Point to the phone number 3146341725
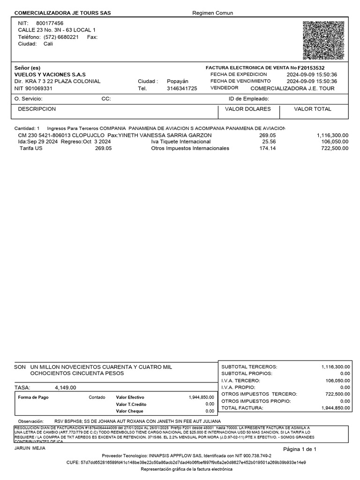pyautogui.click(x=182, y=88)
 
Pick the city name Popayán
pyautogui.click(x=177, y=81)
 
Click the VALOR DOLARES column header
pyautogui.click(x=248, y=109)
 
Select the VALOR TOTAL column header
pyautogui.click(x=312, y=109)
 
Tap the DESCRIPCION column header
pyautogui.click(x=37, y=109)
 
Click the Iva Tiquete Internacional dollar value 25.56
pyautogui.click(x=269, y=142)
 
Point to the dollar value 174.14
pyautogui.click(x=268, y=148)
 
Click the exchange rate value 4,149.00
pyautogui.click(x=65, y=388)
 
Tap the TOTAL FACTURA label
pyautogui.click(x=242, y=408)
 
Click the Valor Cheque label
pyautogui.click(x=130, y=411)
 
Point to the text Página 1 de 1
pyautogui.click(x=300, y=450)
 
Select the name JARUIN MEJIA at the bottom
pyautogui.click(x=30, y=449)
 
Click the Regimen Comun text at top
pyautogui.click(x=212, y=13)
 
